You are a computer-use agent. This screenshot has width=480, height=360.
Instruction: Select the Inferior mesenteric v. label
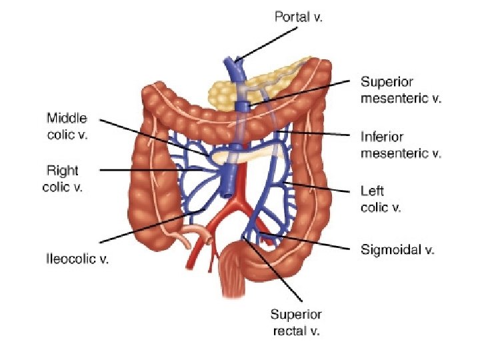401,145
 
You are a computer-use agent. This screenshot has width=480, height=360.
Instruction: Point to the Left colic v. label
381,199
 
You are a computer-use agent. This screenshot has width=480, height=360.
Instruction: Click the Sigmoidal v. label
397,251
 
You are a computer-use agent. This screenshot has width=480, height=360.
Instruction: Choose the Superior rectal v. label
296,323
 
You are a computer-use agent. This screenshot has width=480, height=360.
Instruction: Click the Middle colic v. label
67,127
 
